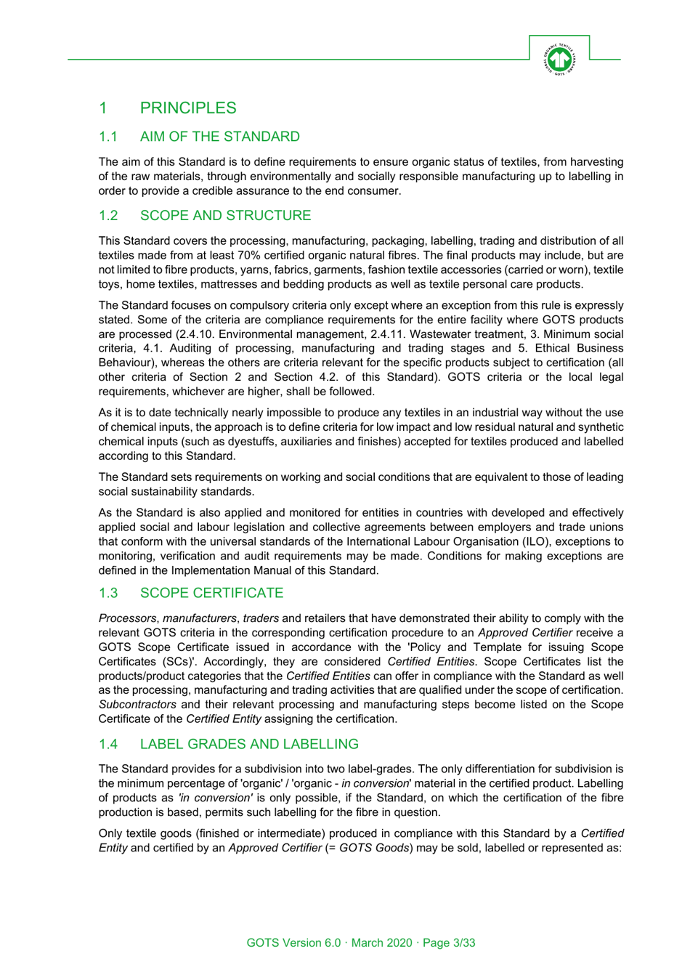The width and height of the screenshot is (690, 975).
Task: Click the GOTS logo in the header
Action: [559, 59]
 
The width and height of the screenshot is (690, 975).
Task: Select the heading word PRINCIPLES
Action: [188, 108]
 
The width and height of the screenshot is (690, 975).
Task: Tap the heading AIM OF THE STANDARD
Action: [219, 137]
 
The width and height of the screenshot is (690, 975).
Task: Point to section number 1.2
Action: [108, 216]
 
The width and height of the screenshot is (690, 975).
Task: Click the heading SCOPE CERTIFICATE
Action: [211, 593]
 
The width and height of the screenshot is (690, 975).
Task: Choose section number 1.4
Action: [108, 744]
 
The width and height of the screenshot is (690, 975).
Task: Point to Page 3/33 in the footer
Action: [449, 942]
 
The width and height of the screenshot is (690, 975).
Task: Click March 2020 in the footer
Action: [381, 942]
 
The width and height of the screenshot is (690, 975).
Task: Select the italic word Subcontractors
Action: [137, 704]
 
